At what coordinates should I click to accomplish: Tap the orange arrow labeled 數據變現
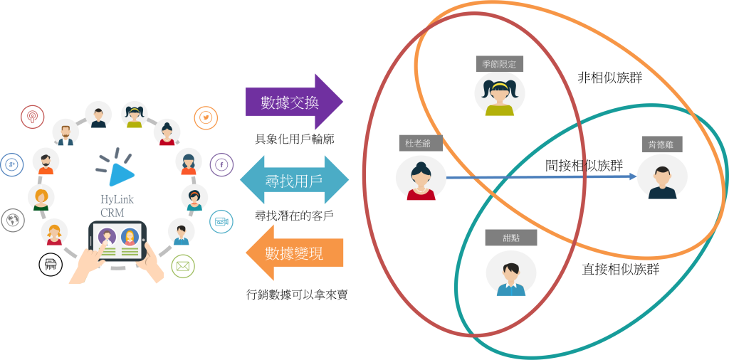tap(295, 253)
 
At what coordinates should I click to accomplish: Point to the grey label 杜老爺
tap(418, 143)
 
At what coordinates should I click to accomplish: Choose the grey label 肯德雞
tap(661, 144)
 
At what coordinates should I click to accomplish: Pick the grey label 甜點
tap(510, 238)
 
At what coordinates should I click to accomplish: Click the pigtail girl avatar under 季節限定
tap(500, 94)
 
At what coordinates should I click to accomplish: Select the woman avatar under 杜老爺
tap(421, 179)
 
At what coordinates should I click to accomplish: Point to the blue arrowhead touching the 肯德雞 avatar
tap(632, 176)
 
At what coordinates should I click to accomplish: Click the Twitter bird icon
tap(206, 117)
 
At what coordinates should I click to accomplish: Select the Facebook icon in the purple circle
tap(221, 165)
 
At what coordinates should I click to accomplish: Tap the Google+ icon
tap(11, 165)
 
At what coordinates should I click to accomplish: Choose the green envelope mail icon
tap(183, 267)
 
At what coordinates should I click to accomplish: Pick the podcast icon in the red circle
tap(32, 116)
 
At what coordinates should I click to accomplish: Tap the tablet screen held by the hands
tap(118, 240)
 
